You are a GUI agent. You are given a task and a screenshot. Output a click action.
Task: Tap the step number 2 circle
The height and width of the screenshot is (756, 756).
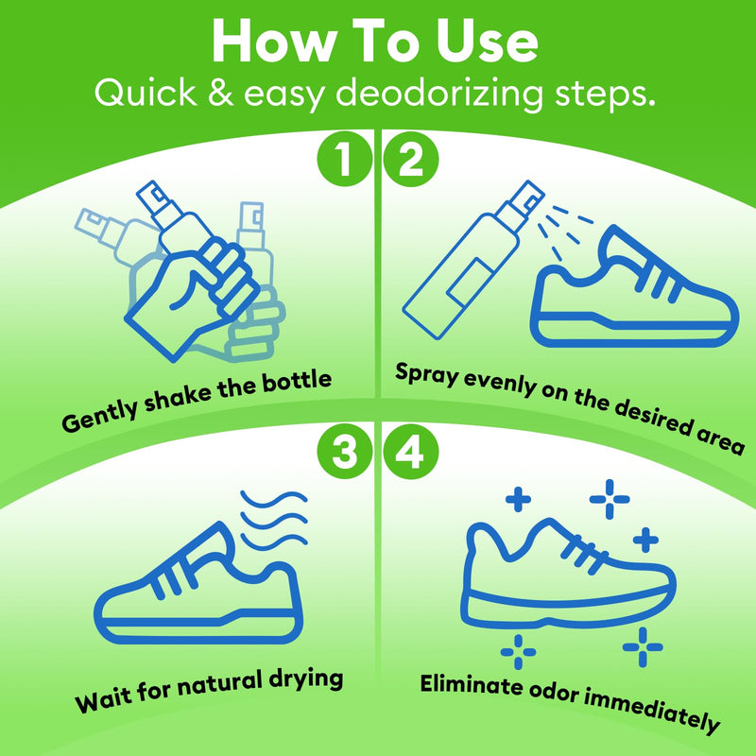pos(410,159)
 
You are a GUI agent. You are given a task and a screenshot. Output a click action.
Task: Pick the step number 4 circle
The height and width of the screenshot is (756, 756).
pos(410,454)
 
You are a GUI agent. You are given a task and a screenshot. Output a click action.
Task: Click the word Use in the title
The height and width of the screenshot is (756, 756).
pos(479,42)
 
